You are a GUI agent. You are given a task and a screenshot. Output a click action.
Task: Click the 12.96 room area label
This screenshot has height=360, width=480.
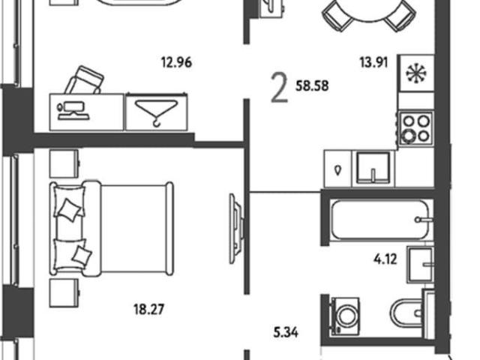pos(177,62)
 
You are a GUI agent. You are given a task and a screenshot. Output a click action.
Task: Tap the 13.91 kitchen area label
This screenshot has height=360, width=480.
pos(373,62)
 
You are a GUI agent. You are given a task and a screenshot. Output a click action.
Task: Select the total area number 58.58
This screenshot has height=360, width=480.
pos(312,86)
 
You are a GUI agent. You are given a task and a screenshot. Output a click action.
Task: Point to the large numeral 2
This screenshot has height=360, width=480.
pos(280,89)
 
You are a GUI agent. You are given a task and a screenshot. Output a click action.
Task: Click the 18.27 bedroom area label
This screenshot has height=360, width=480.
pos(148,309)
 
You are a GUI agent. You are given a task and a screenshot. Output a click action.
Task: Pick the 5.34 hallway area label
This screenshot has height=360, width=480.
pos(286,332)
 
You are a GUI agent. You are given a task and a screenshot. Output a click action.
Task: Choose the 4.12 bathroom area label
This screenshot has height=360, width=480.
pos(385,259)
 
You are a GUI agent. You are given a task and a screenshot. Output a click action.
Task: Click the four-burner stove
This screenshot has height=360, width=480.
pos(416,128)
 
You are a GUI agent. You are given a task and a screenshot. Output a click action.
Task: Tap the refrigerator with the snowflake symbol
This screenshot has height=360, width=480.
pos(416,73)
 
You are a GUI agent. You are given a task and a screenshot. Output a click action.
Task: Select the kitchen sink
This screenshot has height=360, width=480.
pos(373,168)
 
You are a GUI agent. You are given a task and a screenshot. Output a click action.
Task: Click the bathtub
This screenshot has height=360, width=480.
pos(382,219)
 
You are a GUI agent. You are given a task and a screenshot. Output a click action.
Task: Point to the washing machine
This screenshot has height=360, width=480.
pos(345,316)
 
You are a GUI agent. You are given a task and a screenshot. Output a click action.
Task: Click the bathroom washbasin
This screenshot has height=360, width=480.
pos(420,265)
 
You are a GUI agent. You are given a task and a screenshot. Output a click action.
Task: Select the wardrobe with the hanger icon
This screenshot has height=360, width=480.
pos(157,112)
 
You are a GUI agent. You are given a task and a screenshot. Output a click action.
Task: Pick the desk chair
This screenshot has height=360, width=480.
pos(85,80)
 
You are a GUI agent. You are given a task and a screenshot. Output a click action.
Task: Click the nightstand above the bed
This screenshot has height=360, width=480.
pos(64,163)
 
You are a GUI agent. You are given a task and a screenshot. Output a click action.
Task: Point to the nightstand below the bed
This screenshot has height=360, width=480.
pos(64,292)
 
